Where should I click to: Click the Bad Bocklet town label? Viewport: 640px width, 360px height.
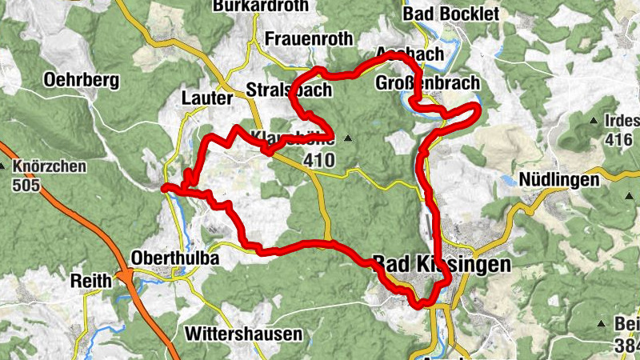pyautogui.click(x=451, y=14)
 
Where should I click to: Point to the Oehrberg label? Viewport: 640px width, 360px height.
pyautogui.click(x=82, y=80)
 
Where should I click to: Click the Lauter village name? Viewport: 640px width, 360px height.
pyautogui.click(x=206, y=98)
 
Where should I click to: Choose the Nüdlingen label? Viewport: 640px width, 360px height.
pyautogui.click(x=558, y=179)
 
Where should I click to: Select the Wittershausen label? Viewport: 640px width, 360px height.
pyautogui.click(x=243, y=333)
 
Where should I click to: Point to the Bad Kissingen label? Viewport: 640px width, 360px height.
pyautogui.click(x=441, y=263)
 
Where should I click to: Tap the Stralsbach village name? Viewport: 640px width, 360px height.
pyautogui.click(x=289, y=89)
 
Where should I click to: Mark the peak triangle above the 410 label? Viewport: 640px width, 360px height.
pyautogui.click(x=348, y=138)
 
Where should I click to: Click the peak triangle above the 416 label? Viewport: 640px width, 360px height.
pyautogui.click(x=593, y=121)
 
